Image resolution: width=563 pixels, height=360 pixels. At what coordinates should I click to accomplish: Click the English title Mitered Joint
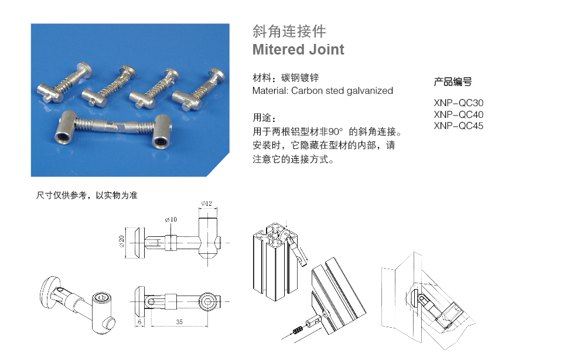coord(298,50)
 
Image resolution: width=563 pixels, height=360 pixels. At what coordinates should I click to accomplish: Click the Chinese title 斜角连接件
coord(289,31)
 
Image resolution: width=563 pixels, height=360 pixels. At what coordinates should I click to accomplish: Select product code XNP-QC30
coord(459,103)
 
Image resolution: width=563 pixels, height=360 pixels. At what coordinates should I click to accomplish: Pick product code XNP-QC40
coord(459,114)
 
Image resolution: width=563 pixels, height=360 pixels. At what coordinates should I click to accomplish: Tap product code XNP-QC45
coord(459,125)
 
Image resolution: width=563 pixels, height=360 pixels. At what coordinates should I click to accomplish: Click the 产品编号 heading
coord(452,82)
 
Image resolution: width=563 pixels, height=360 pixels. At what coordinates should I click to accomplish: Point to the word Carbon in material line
coord(307,91)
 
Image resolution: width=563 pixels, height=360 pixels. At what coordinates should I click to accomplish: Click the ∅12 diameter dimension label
coord(206,203)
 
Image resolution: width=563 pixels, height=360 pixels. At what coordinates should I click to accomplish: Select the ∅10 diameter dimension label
coord(171,219)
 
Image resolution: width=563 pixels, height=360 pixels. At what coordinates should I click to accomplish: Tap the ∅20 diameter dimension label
coord(122,242)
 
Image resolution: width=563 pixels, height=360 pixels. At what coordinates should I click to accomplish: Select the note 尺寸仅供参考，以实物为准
coord(87,195)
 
